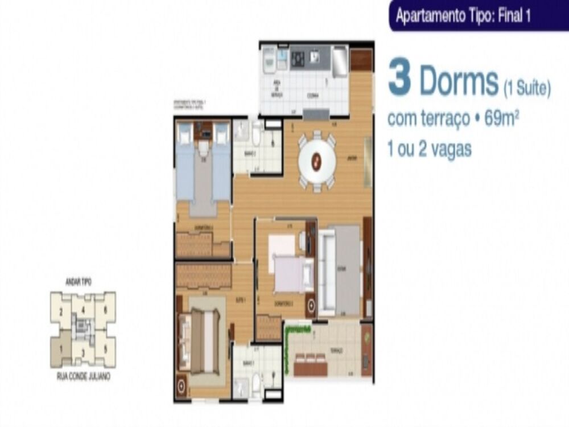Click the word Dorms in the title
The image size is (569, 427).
[x=459, y=82]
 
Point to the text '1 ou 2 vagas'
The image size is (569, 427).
[x=429, y=150]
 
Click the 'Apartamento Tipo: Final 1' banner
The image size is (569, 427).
[x=463, y=16]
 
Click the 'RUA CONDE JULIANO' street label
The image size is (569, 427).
[x=83, y=377]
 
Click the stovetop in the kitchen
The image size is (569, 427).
[x=298, y=58]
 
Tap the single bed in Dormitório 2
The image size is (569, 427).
[x=294, y=273]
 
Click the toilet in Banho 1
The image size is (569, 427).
[x=256, y=384]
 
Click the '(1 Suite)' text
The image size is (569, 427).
[x=527, y=88]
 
